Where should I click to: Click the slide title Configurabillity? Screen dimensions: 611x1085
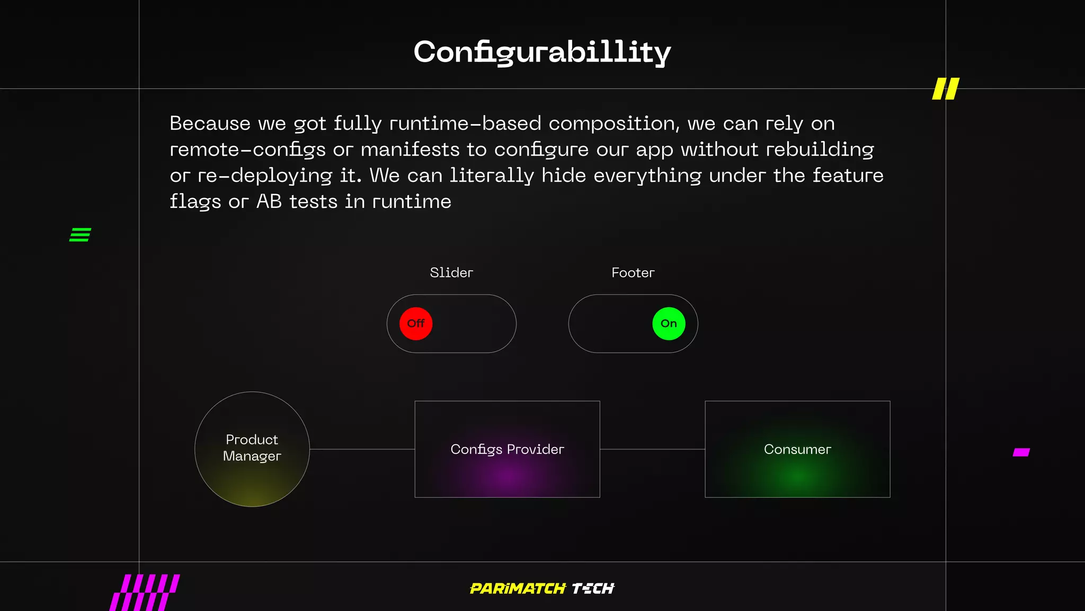coord(542,53)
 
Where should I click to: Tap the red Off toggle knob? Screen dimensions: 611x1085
coord(416,324)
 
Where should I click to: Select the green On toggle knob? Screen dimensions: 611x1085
coord(669,324)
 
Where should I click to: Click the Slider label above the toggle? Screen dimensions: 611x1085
coord(451,273)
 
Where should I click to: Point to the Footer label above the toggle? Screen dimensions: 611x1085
coord(633,273)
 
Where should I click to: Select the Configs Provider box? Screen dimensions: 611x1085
coord(507,449)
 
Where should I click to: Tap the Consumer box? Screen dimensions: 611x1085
coord(797,449)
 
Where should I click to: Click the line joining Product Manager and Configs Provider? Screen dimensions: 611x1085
coord(362,449)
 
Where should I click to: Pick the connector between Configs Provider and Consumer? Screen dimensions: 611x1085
coord(652,449)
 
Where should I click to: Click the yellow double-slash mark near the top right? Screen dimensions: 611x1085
coord(946,89)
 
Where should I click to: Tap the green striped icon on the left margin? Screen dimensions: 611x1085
coord(80,234)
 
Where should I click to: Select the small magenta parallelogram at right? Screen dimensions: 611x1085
coord(1021,452)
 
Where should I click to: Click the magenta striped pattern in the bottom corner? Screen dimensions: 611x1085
coord(145,592)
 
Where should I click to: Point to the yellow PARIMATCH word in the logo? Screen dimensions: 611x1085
coord(518,589)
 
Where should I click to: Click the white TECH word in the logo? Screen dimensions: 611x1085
coord(593,589)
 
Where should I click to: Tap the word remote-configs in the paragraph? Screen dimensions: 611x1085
coord(247,150)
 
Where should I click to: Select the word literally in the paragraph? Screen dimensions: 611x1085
coord(492,176)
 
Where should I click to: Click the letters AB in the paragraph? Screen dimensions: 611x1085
coord(269,202)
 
